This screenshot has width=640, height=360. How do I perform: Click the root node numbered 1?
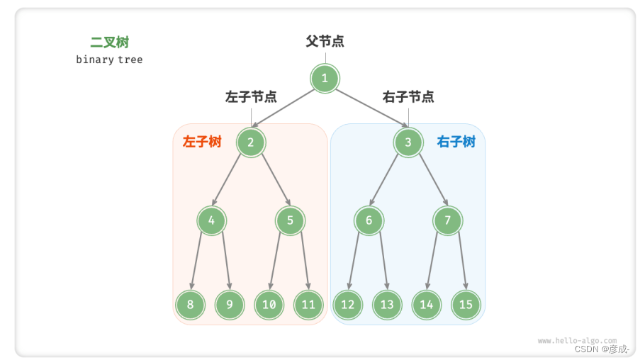pyautogui.click(x=325, y=78)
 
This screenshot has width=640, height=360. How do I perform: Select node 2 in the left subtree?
pyautogui.click(x=251, y=142)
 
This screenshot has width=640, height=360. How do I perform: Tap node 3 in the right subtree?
pyautogui.click(x=408, y=142)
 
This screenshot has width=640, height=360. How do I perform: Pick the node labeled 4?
pyautogui.click(x=211, y=220)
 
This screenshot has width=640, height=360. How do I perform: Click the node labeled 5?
pyautogui.click(x=290, y=220)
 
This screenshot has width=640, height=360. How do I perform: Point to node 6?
pyautogui.click(x=369, y=220)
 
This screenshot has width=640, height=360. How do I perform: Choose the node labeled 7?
pyautogui.click(x=447, y=220)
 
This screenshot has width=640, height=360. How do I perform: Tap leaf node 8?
pyautogui.click(x=190, y=305)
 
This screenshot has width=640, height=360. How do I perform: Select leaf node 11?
pyautogui.click(x=308, y=305)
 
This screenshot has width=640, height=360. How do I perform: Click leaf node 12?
pyautogui.click(x=347, y=305)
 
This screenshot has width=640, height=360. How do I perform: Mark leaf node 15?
pyautogui.click(x=466, y=305)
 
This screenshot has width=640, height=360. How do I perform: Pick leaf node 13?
pyautogui.click(x=387, y=305)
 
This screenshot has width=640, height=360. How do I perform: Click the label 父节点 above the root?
pyautogui.click(x=325, y=41)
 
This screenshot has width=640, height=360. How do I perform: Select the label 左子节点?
pyautogui.click(x=251, y=96)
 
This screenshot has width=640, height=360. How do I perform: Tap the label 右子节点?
pyautogui.click(x=408, y=96)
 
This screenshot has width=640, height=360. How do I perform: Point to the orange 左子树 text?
pyautogui.click(x=202, y=142)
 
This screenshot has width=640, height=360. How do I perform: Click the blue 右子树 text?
pyautogui.click(x=456, y=142)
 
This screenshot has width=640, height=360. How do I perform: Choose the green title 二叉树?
pyautogui.click(x=109, y=43)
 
